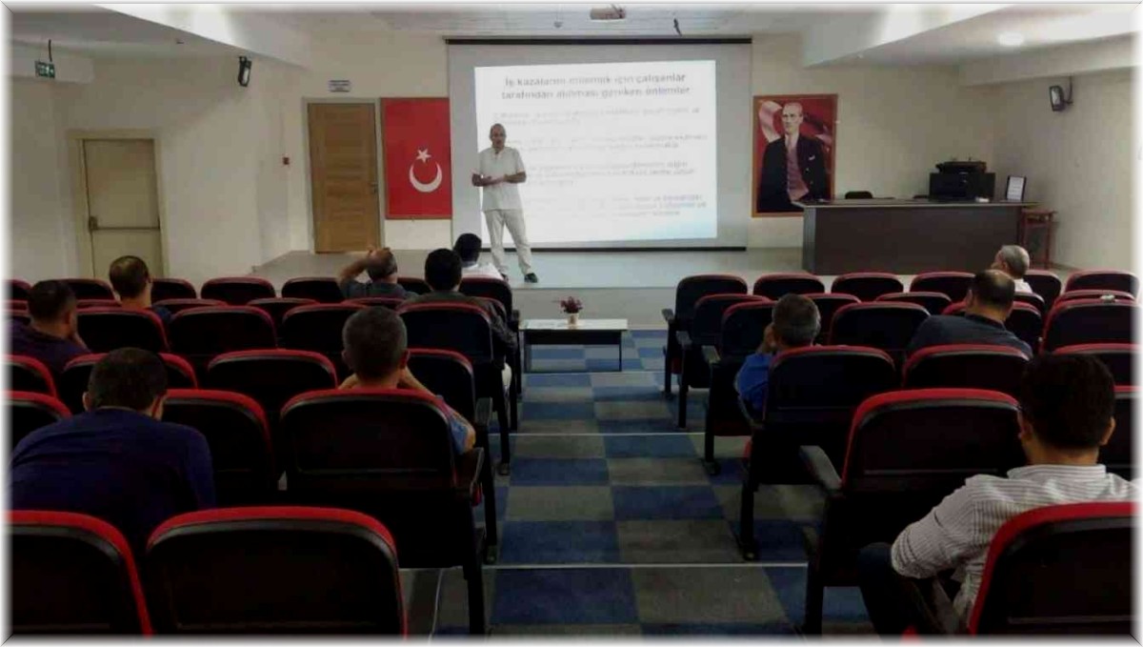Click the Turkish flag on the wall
pos(416,158)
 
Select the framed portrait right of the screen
pos(794,154)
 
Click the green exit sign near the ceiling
pos(45,70)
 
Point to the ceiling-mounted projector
pos(607,13)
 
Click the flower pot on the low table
pos(571,311)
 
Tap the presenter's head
pos(497,134)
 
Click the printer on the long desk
pos(961,180)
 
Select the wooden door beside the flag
pos(343,177)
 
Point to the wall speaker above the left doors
pos(244,71)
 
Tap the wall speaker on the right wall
pos(1057,96)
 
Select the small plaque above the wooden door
pos(339,86)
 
